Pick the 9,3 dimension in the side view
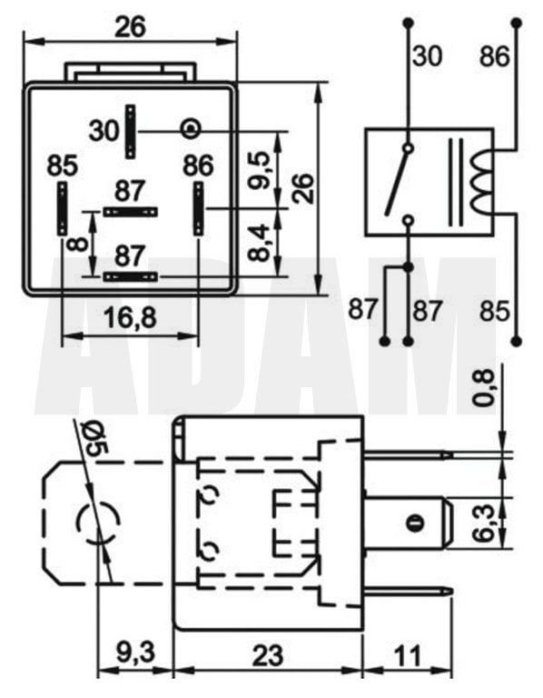133,653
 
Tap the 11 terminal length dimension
408,653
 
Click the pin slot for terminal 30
131,131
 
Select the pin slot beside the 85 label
62,207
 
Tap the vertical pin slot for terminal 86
198,207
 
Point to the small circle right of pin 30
190,128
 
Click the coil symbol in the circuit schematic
479,177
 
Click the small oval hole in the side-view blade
414,523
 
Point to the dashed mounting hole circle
97,523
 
